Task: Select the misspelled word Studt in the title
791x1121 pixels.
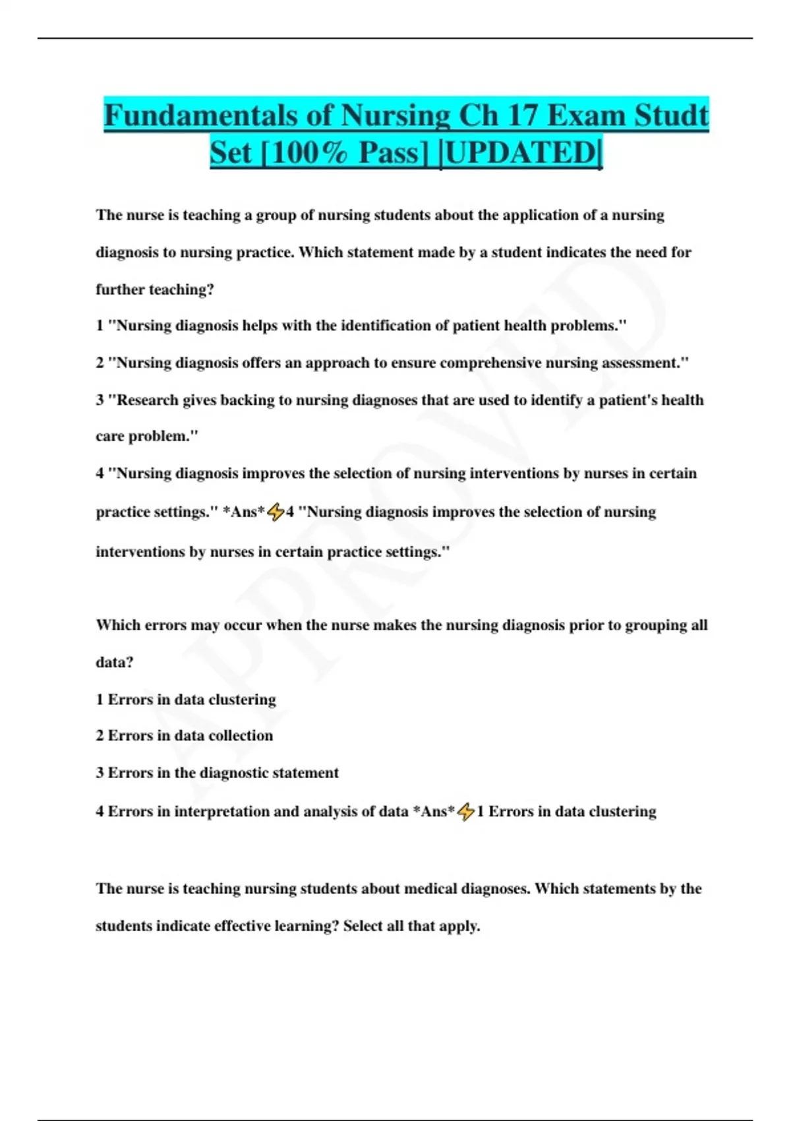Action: (671, 115)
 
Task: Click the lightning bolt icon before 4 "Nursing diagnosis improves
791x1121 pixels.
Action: (276, 512)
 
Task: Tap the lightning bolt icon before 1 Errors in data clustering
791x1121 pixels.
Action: (465, 812)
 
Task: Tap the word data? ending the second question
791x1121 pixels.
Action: (115, 662)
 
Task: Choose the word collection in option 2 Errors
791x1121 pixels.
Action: (241, 735)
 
